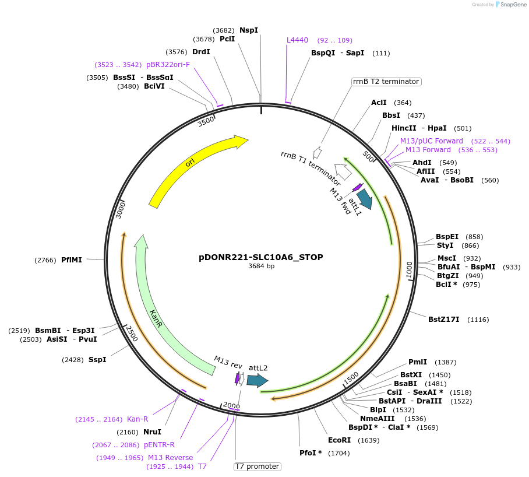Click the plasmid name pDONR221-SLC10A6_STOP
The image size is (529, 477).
tap(260, 257)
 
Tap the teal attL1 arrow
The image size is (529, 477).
tap(365, 199)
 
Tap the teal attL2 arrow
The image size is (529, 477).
tap(257, 381)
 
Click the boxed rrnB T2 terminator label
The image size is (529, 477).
tap(386, 82)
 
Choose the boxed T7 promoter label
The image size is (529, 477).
tap(257, 467)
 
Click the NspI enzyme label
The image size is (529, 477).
tap(249, 30)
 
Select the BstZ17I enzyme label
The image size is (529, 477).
tap(444, 320)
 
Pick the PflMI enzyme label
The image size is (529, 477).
tap(72, 260)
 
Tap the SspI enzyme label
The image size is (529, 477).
tap(97, 360)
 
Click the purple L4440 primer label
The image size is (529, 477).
tap(297, 40)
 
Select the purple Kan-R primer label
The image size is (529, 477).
tap(137, 419)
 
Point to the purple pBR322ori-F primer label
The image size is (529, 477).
tap(168, 65)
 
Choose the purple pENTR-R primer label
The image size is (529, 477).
tap(159, 445)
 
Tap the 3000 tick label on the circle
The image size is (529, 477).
tap(121, 209)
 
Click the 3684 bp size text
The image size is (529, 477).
tap(260, 266)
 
